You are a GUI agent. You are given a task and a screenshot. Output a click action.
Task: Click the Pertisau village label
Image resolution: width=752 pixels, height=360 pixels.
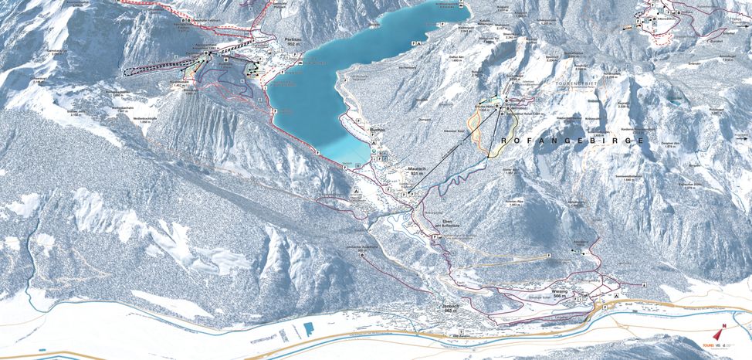click(x=293, y=37)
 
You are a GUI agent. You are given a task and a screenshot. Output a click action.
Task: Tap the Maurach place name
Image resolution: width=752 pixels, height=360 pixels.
click(x=418, y=168)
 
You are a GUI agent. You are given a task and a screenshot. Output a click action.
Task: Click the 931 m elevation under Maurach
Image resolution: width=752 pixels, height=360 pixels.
click(x=418, y=175)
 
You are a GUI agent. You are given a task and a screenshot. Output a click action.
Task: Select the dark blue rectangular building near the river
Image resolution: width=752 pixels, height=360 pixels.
click(x=309, y=328)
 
